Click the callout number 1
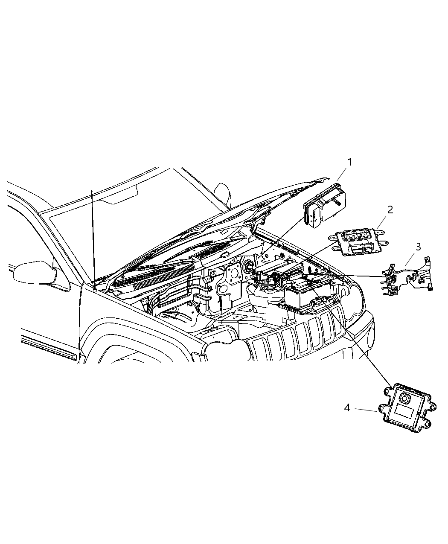point(349,162)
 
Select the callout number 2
point(390,209)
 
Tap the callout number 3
point(418,247)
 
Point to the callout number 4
point(347,408)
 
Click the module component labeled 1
point(324,207)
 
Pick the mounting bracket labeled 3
point(407,277)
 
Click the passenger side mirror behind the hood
point(223,194)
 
